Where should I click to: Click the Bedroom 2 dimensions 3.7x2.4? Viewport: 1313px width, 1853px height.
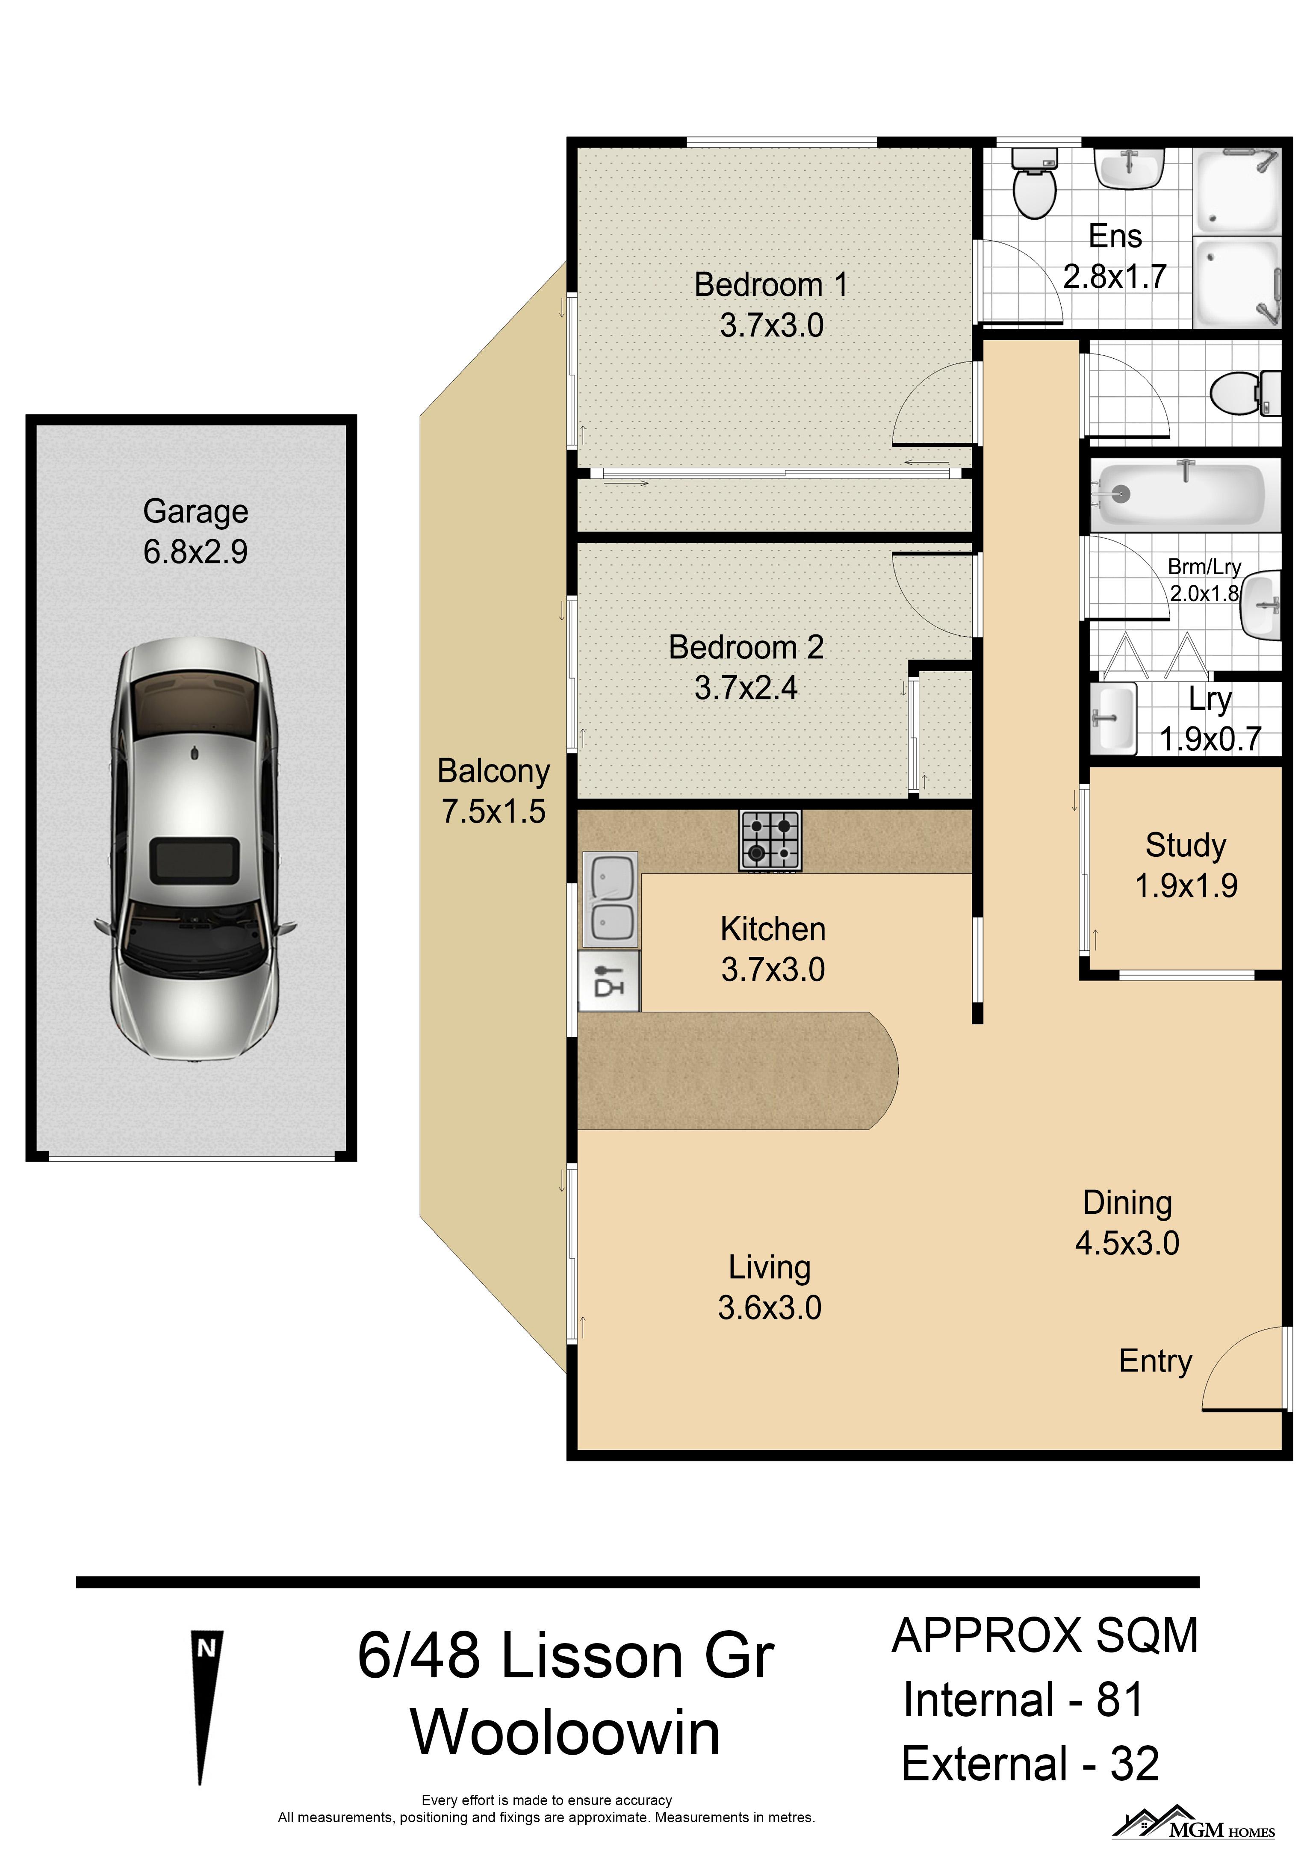click(x=746, y=688)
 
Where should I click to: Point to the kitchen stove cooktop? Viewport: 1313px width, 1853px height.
click(x=770, y=841)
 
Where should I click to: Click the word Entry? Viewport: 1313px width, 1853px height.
click(x=1155, y=1361)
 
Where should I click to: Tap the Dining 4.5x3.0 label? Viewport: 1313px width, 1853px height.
click(x=1127, y=1222)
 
